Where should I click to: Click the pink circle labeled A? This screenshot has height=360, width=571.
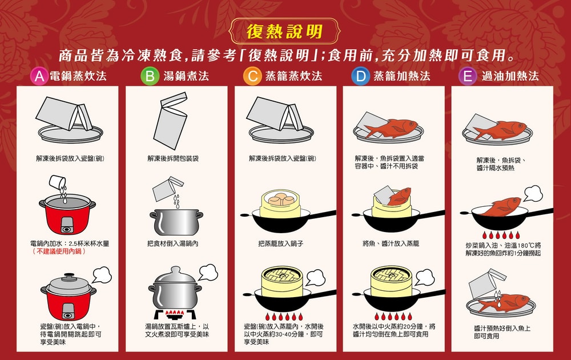coord(39,76)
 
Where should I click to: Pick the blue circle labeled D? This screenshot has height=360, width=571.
coord(360,76)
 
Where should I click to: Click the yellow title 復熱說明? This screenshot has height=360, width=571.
coord(284,31)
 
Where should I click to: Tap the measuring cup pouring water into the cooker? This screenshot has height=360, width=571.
coord(57,182)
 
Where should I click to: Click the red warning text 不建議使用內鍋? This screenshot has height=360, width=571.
coord(59,251)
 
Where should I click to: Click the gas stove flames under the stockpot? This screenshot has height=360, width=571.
coord(175,313)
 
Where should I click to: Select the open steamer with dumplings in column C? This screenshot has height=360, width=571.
coord(280,203)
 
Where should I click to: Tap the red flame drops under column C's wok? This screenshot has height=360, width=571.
coord(283,316)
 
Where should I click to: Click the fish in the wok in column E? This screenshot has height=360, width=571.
coord(502,207)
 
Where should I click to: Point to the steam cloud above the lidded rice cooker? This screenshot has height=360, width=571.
coord(102,275)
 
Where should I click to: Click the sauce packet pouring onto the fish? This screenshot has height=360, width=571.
coord(486,284)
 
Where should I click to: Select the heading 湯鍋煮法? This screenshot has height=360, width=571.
coord(186,76)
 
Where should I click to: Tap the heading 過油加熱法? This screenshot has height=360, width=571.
coord(510,76)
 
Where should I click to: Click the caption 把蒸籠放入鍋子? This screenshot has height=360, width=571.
coord(281,243)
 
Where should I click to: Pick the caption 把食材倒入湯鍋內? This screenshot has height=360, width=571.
coord(172,243)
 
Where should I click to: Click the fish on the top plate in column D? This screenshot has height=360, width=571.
coord(391,128)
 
